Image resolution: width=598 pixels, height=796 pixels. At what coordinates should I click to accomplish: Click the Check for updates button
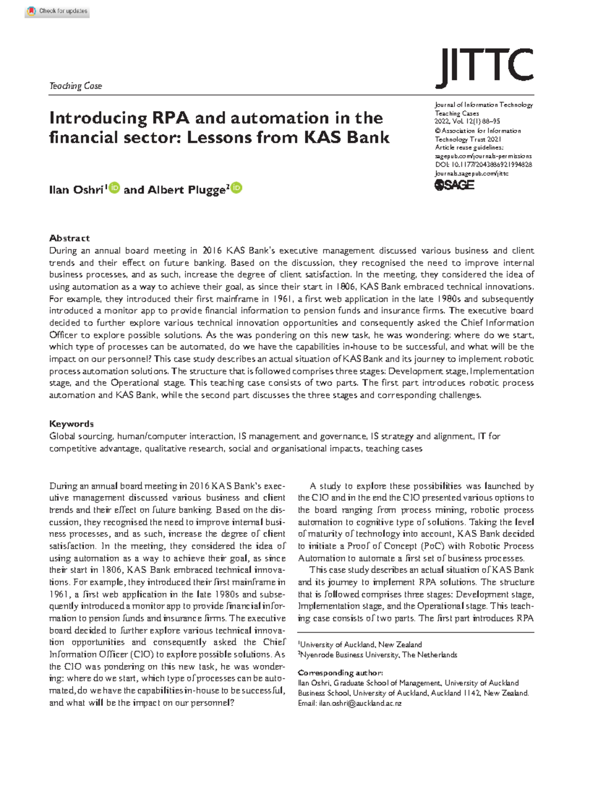click(x=57, y=11)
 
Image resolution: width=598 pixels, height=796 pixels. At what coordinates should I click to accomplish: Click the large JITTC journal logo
click(x=484, y=68)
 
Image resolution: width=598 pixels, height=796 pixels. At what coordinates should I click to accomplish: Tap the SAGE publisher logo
click(x=454, y=185)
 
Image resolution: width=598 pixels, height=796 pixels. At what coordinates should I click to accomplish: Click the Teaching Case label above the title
click(x=75, y=86)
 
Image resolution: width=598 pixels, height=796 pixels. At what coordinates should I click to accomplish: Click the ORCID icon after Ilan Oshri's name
click(x=115, y=188)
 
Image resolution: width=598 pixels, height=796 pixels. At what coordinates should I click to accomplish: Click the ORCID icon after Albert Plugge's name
click(x=237, y=188)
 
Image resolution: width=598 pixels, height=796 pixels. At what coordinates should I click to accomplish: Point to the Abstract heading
click(x=69, y=238)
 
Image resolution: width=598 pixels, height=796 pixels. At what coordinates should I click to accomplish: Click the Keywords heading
click(x=71, y=424)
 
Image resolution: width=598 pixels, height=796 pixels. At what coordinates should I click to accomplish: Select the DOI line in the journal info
click(x=483, y=165)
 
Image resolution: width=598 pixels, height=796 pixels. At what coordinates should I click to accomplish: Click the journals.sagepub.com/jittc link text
click(x=471, y=173)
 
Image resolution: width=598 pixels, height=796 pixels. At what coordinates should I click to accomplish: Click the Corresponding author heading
click(x=340, y=673)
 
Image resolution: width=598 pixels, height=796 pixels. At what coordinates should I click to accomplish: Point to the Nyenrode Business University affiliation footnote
click(x=378, y=655)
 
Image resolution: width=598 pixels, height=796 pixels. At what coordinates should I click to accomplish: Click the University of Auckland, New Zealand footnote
click(x=360, y=644)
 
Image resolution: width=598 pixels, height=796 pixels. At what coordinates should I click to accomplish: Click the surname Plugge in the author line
click(x=206, y=190)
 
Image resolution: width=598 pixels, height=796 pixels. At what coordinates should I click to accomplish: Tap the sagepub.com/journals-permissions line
click(x=483, y=156)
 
